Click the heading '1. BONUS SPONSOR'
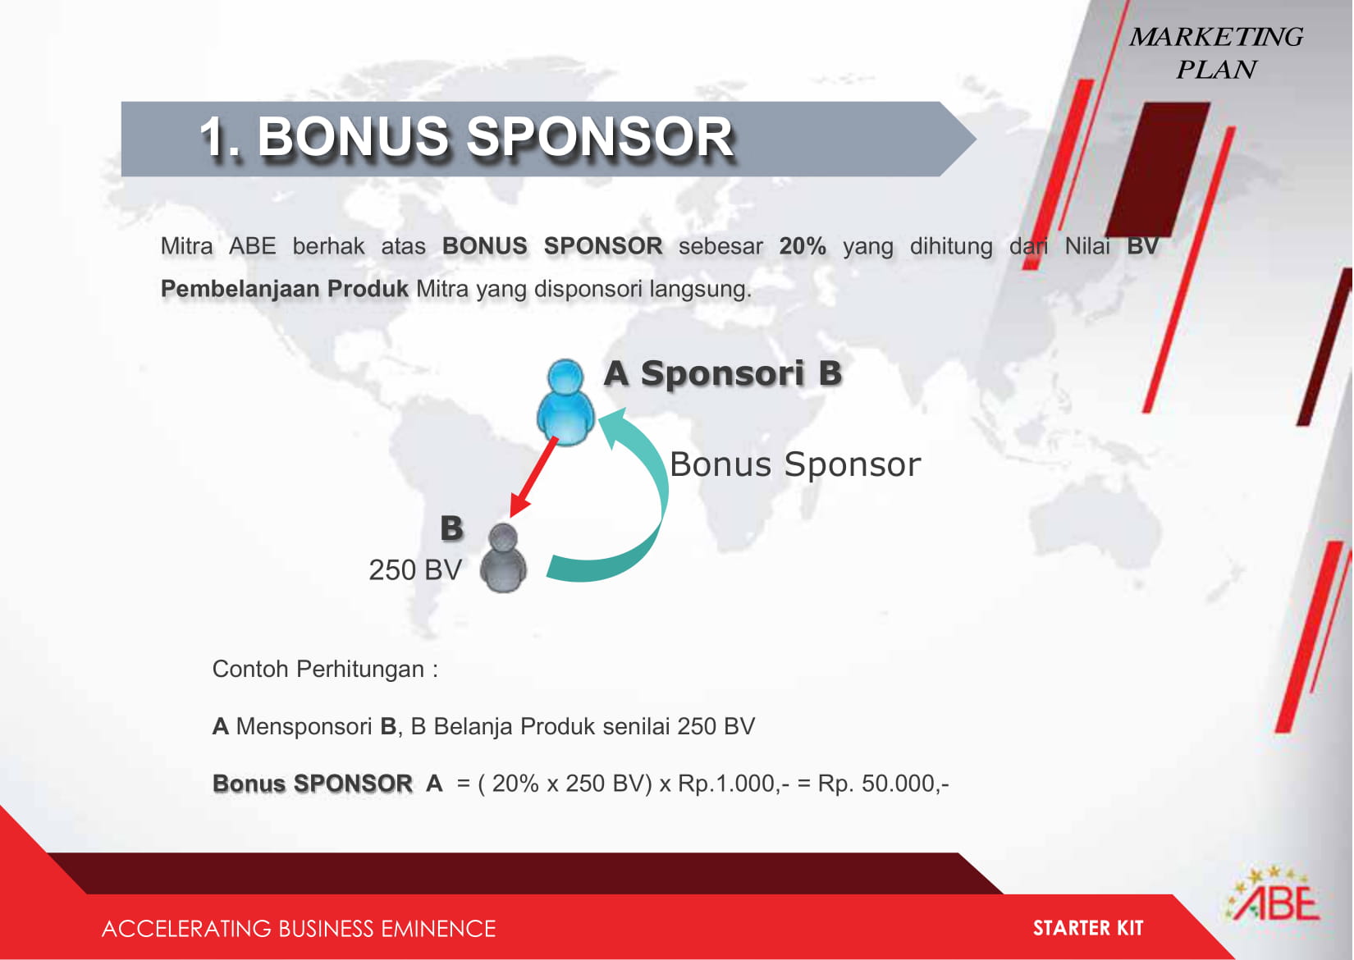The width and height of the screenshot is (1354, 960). tap(466, 137)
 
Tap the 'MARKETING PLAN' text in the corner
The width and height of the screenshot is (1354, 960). tap(1215, 53)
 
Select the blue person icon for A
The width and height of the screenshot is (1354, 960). tap(565, 403)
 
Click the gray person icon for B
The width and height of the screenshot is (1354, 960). tap(503, 558)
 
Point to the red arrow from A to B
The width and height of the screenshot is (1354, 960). tap(533, 477)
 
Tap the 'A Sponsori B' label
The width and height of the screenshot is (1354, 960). tap(723, 373)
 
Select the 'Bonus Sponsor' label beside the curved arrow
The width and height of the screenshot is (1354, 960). tap(795, 464)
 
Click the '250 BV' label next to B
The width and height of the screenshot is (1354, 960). tap(415, 570)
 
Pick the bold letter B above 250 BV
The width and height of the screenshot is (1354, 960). tap(451, 528)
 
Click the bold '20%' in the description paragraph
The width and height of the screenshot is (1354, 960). tap(802, 246)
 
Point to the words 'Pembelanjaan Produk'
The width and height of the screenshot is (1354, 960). tap(285, 289)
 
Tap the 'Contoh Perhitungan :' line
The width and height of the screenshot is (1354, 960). tap(325, 670)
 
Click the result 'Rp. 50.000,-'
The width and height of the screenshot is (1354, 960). tap(883, 784)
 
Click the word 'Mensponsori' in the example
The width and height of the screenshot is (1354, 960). tap(304, 727)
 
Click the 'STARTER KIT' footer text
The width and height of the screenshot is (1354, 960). tap(1088, 928)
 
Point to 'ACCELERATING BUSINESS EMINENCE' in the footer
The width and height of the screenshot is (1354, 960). tap(299, 929)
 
